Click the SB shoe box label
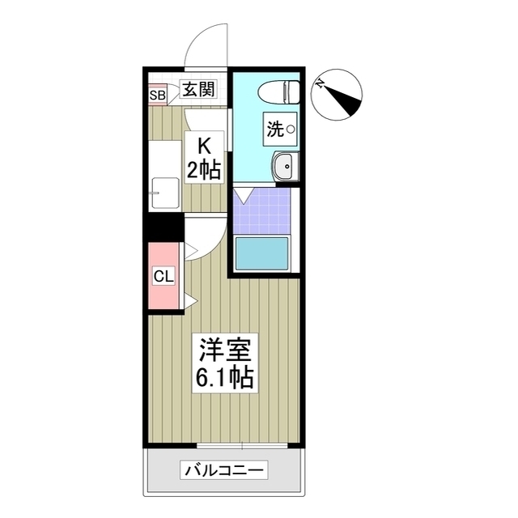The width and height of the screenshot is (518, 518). click(157, 96)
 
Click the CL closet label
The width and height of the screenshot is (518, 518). click(163, 277)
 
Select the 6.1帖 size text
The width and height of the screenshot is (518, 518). click(226, 376)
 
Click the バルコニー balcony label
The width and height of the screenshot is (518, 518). click(224, 470)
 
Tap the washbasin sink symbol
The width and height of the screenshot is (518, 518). click(284, 168)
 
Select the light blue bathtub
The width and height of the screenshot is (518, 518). click(262, 254)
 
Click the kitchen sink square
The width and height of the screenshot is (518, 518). click(166, 193)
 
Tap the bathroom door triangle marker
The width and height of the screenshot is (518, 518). click(244, 195)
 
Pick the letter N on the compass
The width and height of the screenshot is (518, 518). click(321, 83)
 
